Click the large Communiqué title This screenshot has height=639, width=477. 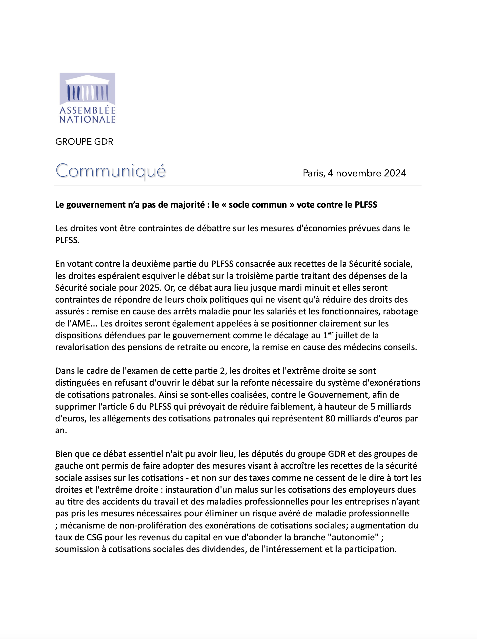pyautogui.click(x=111, y=171)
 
